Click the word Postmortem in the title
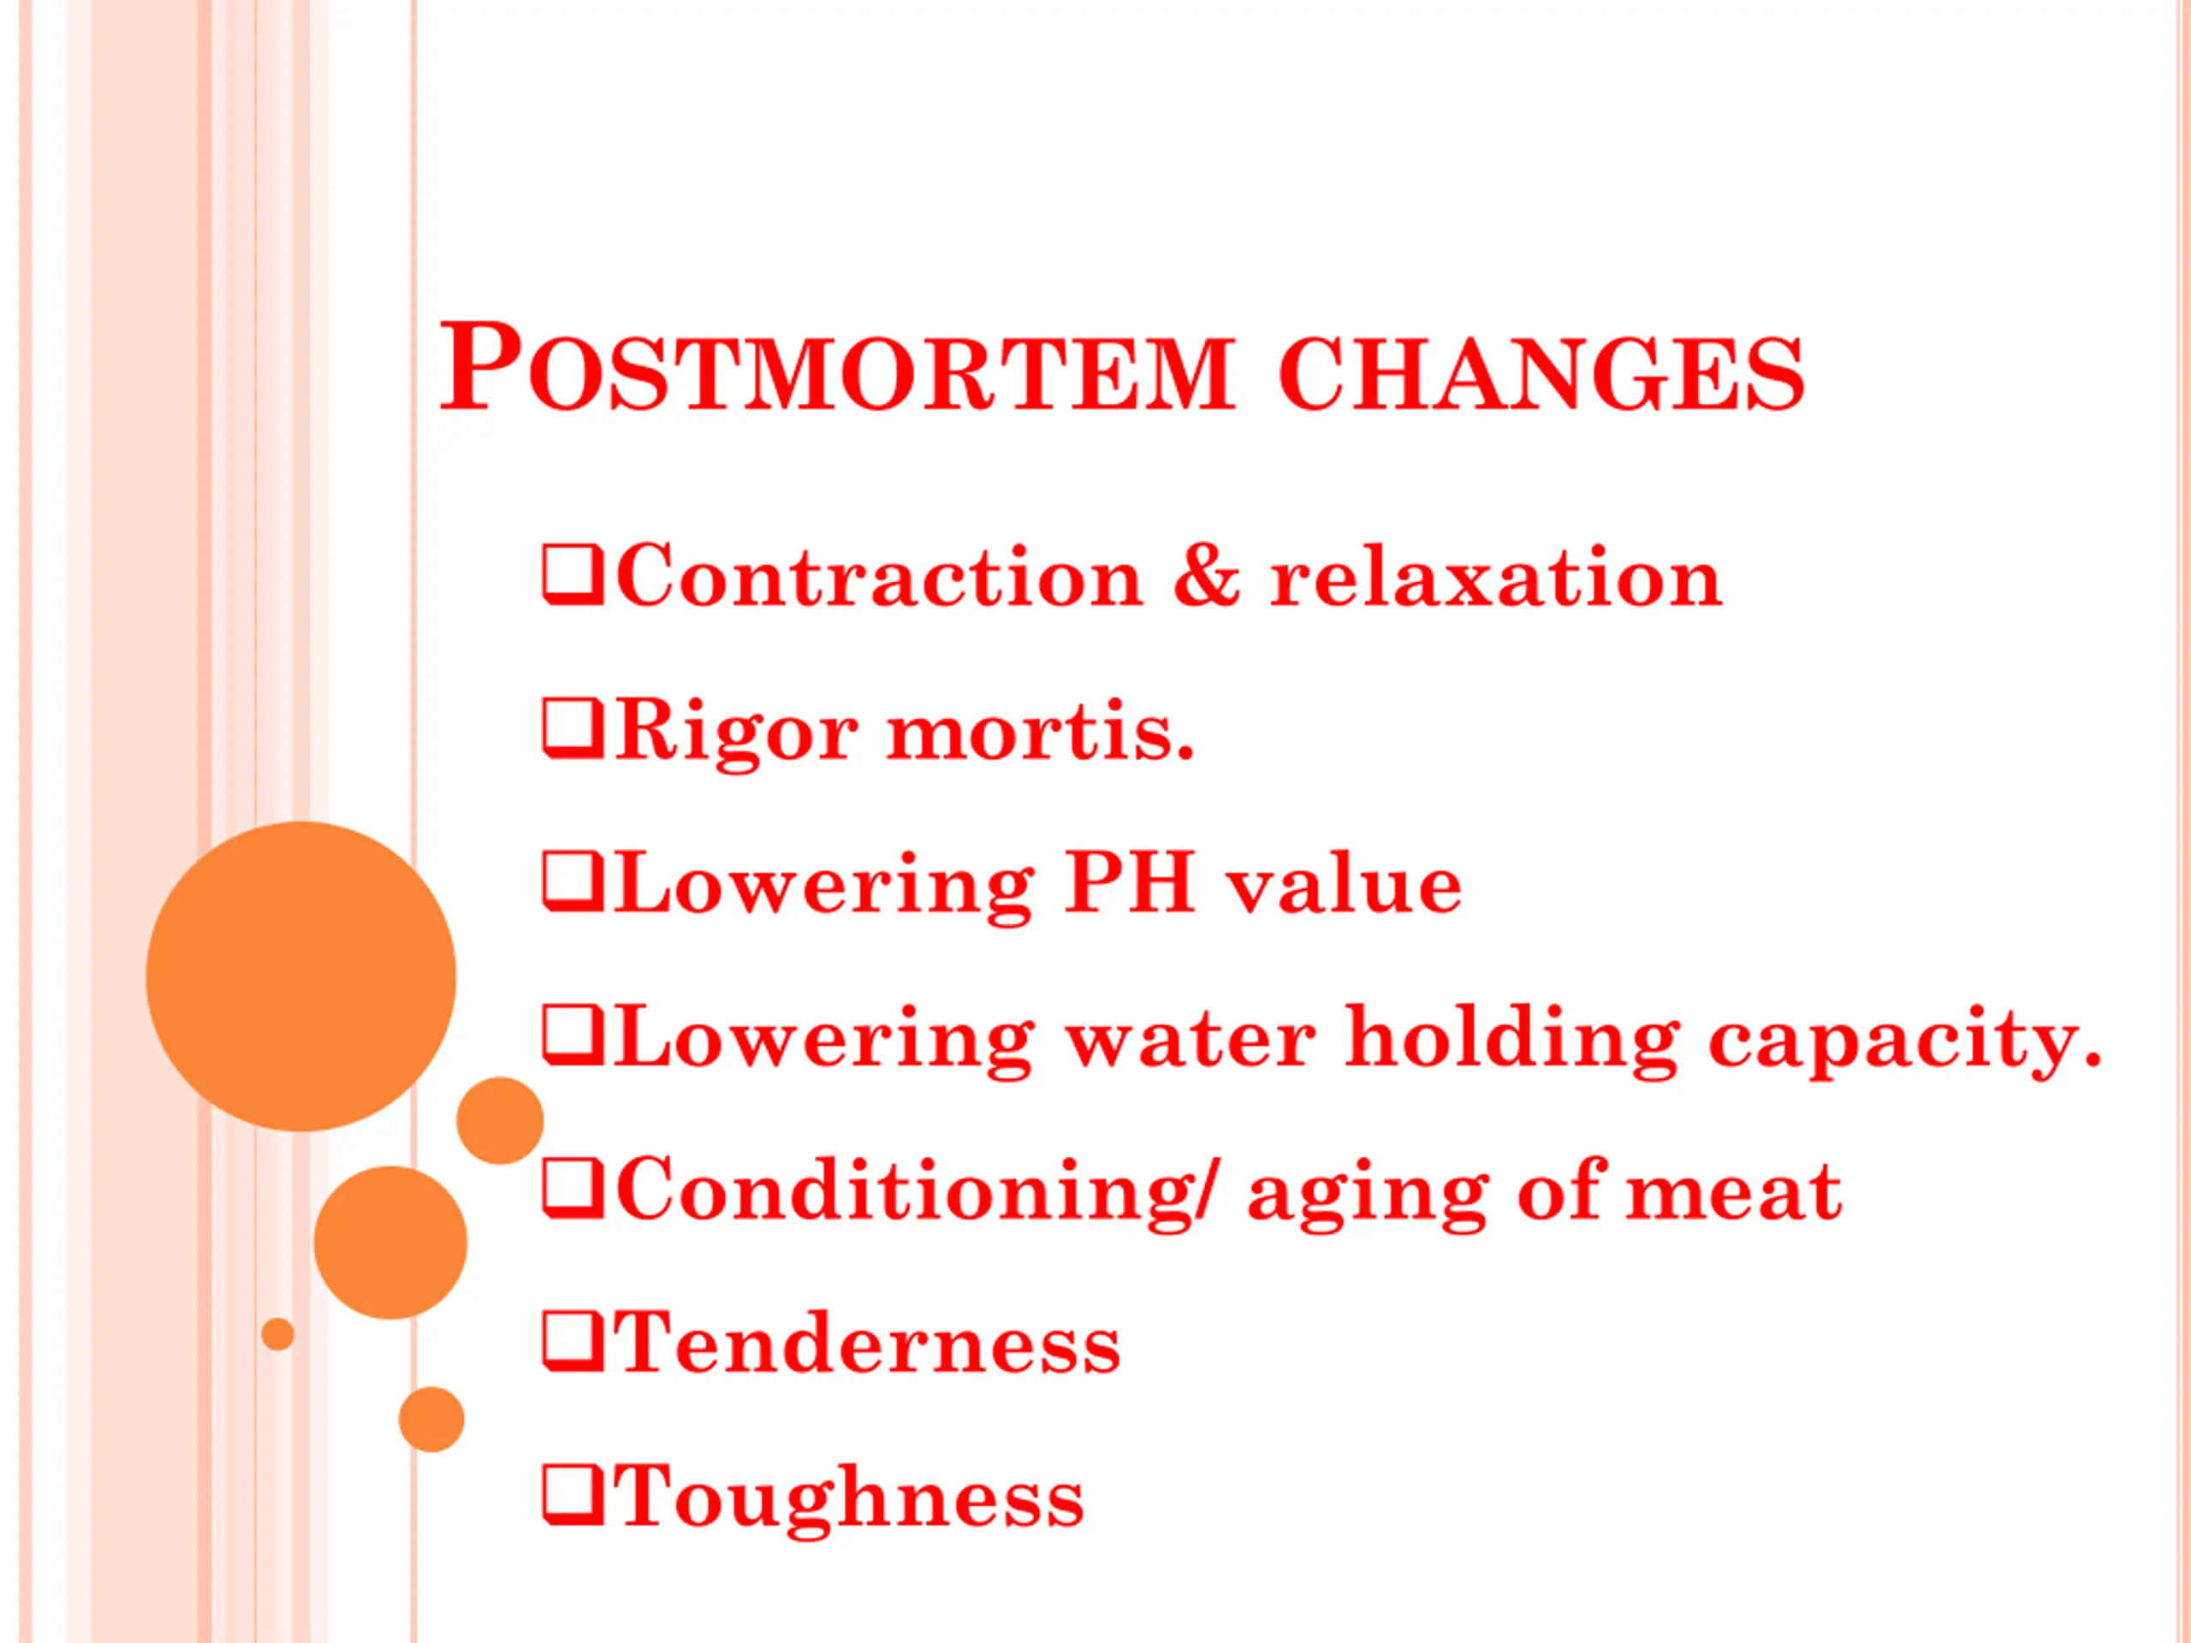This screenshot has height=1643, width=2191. coord(837,365)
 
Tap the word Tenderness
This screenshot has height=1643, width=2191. coord(867,1345)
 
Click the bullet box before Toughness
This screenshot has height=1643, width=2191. coord(573,1497)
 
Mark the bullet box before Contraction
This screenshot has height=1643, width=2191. coord(573,574)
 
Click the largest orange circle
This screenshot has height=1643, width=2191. coord(301,976)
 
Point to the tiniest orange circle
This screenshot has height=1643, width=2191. coord(278,1334)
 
